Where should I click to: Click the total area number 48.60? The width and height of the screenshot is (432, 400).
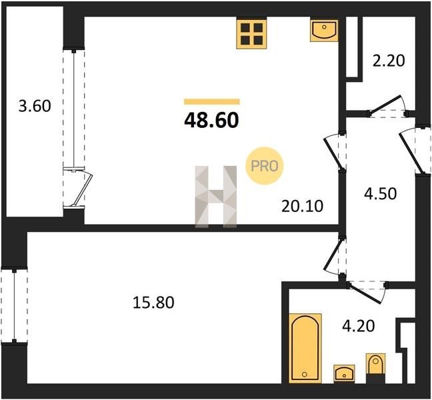(x=211, y=121)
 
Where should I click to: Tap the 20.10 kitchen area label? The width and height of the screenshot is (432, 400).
(x=302, y=207)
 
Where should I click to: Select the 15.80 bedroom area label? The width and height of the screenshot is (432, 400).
(x=153, y=302)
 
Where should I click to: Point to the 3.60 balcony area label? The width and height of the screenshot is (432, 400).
(x=35, y=106)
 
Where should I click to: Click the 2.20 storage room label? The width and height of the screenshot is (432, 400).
(x=389, y=61)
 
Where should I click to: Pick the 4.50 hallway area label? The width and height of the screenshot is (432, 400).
(x=381, y=193)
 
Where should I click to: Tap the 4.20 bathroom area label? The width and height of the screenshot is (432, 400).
(x=359, y=326)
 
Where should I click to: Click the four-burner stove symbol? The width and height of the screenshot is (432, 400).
(x=251, y=33)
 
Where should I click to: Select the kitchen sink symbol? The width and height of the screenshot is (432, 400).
(x=324, y=30)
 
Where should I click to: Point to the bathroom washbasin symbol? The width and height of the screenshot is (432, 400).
(x=344, y=373)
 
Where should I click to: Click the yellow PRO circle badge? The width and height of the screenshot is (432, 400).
(x=265, y=166)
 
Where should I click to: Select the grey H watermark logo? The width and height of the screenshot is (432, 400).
(x=216, y=197)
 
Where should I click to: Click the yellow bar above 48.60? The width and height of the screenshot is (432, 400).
(x=212, y=101)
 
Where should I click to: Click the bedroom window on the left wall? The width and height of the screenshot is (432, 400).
(x=14, y=306)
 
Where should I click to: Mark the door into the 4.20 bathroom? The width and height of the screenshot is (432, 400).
(x=367, y=293)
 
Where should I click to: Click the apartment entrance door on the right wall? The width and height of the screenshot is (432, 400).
(x=415, y=151)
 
